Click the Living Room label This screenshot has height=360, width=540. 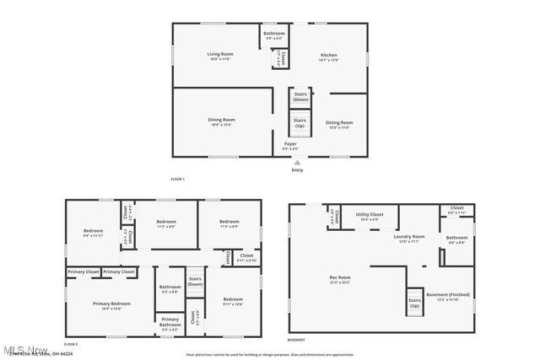[220, 56]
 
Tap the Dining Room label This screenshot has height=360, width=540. [222, 121]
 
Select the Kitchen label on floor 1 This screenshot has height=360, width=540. [327, 56]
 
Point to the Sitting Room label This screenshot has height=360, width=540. [339, 124]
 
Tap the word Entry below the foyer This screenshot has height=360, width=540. [297, 170]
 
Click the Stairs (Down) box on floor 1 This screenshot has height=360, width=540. [300, 98]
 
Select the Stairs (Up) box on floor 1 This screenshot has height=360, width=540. [300, 123]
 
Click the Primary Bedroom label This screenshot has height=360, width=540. [111, 305]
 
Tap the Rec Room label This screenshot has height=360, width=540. [340, 279]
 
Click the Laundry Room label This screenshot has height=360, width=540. [408, 239]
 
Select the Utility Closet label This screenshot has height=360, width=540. [370, 217]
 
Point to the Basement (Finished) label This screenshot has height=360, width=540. [448, 296]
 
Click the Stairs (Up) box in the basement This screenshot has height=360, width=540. [414, 303]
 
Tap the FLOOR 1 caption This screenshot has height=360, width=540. [177, 179]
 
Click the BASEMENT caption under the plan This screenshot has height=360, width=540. [296, 340]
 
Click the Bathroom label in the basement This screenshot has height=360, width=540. [456, 239]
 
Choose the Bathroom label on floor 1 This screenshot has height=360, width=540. [274, 35]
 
